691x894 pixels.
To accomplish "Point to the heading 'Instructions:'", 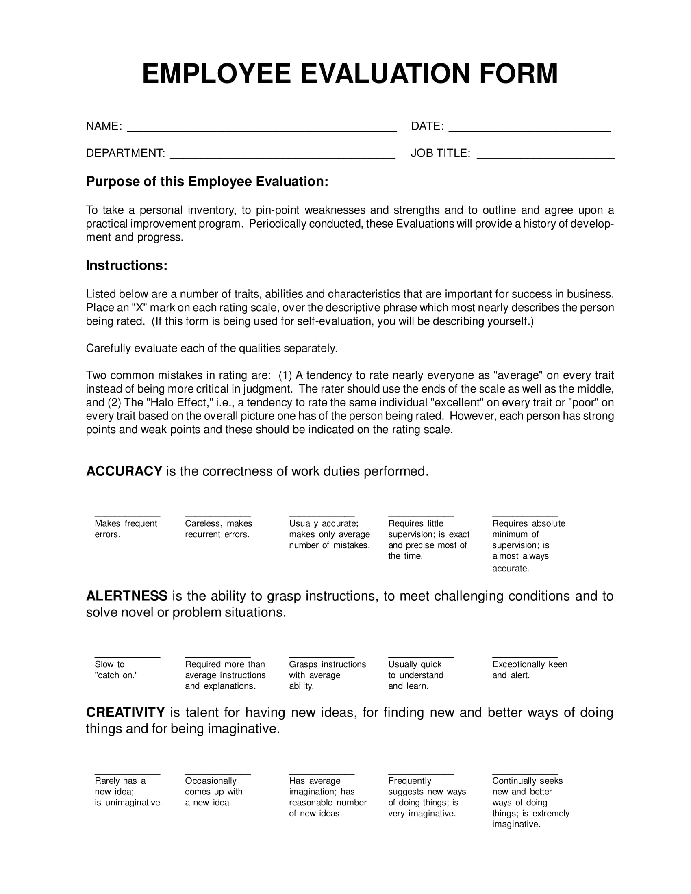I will [x=126, y=265].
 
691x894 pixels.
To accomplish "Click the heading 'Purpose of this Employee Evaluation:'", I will [x=207, y=181].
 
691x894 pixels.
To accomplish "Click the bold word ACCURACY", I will [x=124, y=471].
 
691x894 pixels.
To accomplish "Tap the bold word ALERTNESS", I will [x=126, y=596].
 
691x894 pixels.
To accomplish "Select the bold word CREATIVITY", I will [x=125, y=713].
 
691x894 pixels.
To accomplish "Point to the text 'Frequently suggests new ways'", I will [x=426, y=786].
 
